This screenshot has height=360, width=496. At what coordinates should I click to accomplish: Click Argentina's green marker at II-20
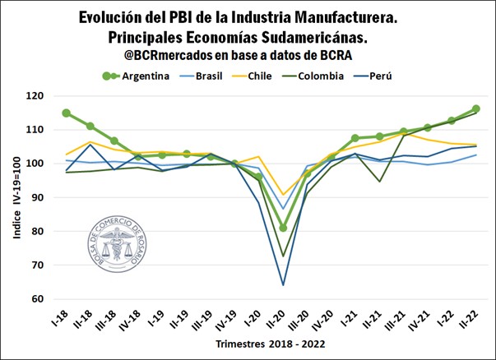[x=283, y=228]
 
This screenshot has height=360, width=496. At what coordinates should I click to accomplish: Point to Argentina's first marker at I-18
[x=66, y=113]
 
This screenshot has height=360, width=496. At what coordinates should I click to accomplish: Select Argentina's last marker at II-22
[x=475, y=109]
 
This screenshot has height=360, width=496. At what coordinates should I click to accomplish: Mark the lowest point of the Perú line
[x=283, y=284]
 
